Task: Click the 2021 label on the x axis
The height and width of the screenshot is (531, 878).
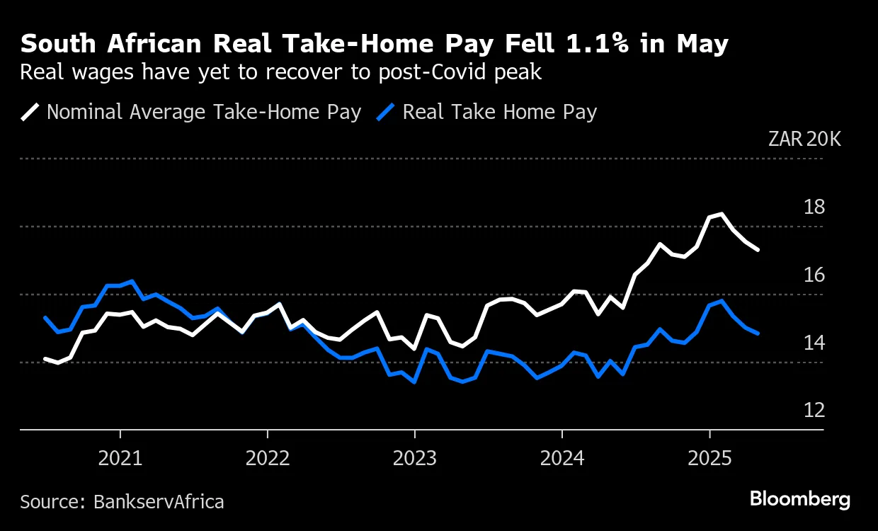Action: coord(120,459)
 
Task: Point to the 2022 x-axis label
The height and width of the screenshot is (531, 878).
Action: coord(268,459)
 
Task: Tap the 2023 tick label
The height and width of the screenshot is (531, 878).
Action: coord(415,459)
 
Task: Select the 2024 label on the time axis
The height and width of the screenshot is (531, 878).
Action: coord(562,459)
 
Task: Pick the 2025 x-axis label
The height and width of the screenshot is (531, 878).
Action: coord(709,459)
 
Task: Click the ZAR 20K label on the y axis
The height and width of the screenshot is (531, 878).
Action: coord(805,139)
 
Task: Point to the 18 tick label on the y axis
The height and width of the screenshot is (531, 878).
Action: coord(815,207)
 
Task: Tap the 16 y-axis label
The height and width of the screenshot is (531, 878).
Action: coord(815,275)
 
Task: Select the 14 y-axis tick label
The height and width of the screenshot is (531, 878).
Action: coord(815,343)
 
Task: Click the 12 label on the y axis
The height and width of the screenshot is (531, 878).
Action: coord(815,411)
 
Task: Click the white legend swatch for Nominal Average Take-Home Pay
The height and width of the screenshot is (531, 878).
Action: coord(30,112)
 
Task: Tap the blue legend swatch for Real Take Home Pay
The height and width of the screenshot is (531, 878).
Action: coord(387,112)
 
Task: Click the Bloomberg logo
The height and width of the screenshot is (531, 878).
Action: coord(800,499)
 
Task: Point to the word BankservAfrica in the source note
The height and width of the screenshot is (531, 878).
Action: coord(159,502)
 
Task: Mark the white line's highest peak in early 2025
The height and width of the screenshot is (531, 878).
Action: coord(722,214)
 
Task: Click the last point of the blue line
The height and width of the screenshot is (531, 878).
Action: coord(758,333)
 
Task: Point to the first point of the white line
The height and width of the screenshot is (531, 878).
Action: coord(45,359)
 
